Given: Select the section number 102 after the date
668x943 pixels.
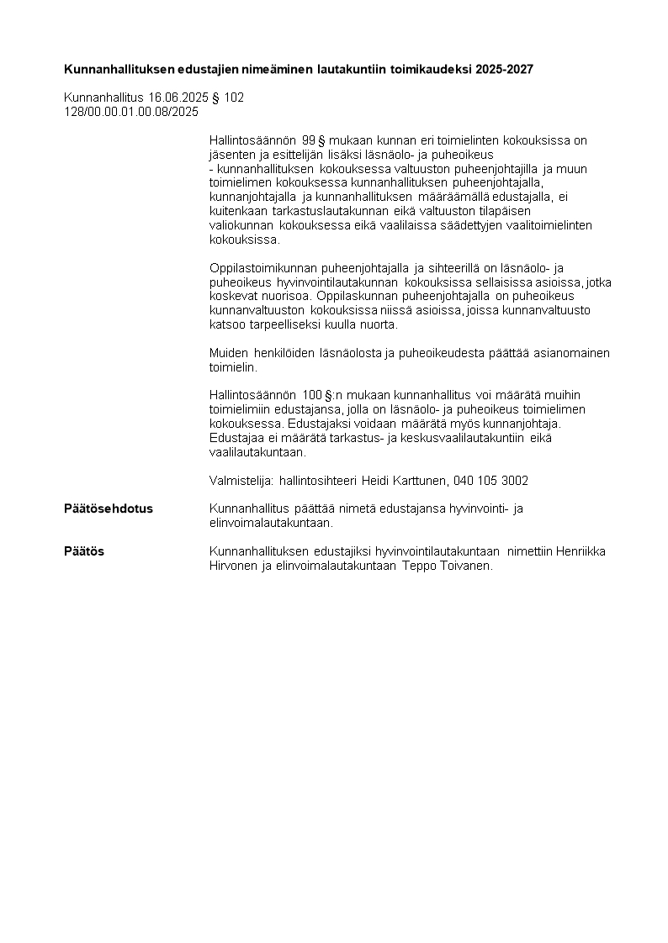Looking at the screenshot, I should click(234, 97).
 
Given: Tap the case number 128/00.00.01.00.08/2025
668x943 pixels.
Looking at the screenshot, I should click(131, 111).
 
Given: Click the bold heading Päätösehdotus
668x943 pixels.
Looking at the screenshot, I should click(109, 508).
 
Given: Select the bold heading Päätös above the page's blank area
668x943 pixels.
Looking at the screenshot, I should click(84, 551).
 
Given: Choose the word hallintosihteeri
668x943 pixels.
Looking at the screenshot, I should click(318, 481).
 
